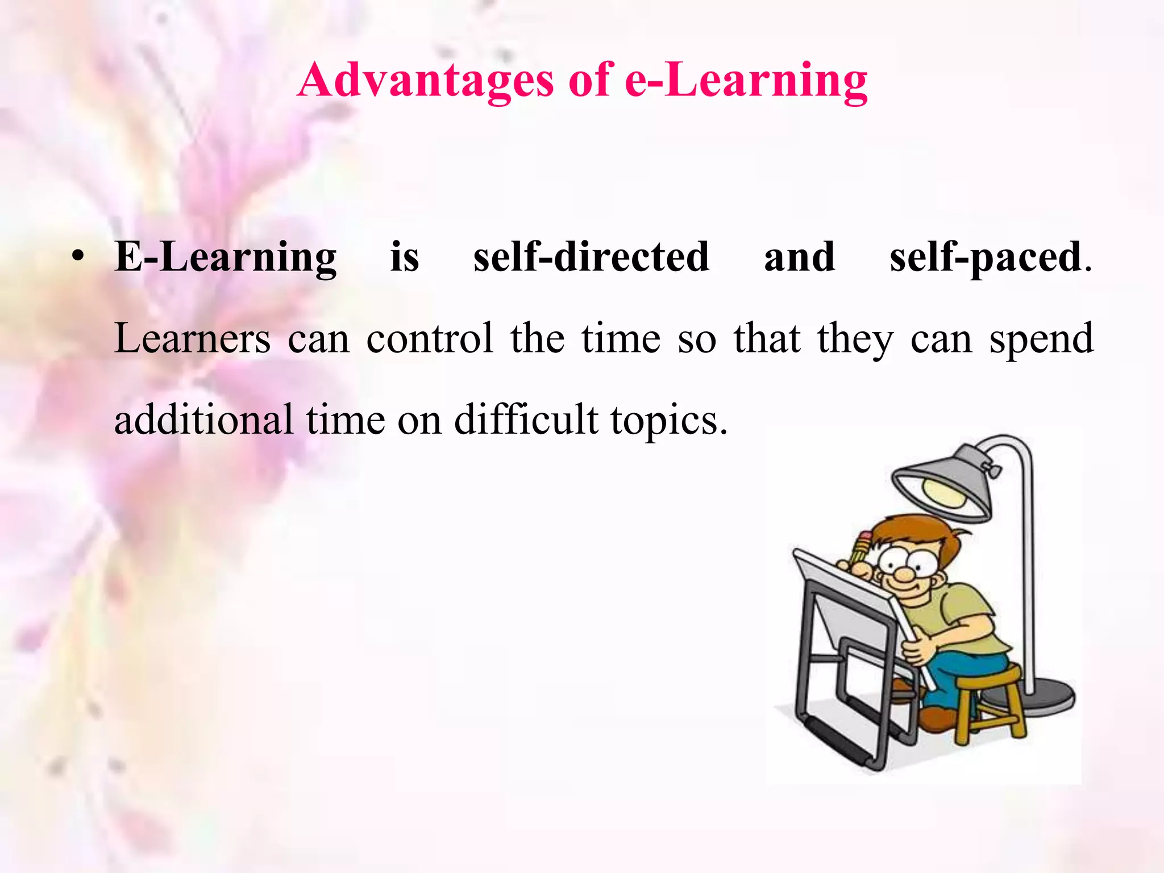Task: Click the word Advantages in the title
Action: pos(425,81)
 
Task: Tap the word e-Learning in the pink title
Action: pos(746,81)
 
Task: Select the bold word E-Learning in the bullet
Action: pos(226,257)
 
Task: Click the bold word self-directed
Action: pos(591,257)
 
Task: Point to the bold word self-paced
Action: pos(985,257)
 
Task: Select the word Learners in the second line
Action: pos(192,339)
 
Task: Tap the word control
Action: pos(430,339)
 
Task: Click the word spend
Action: pos(1041,339)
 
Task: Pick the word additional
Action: pos(203,420)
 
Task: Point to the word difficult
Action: pos(526,420)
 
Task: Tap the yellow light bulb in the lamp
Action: pos(943,491)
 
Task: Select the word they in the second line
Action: pos(855,339)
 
